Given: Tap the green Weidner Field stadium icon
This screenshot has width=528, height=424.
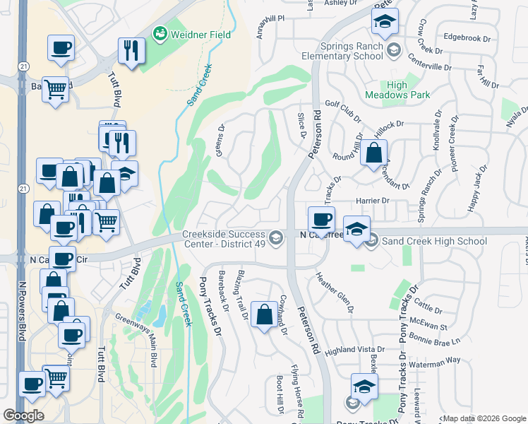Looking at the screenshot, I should point(160,33).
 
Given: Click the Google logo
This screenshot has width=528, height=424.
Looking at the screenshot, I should point(23,416).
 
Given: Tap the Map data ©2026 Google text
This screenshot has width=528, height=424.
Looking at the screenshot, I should point(484,418).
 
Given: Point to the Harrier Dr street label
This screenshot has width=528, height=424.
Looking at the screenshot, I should point(375,201).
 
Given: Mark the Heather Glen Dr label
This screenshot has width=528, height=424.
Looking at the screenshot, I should point(334,291).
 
